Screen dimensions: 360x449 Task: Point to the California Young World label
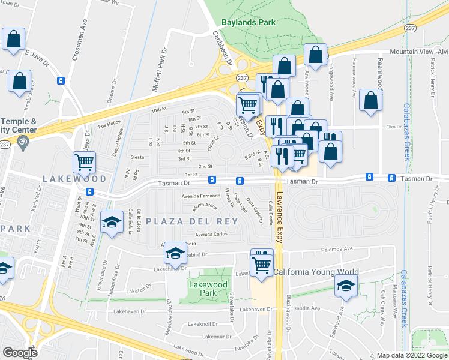click(x=316, y=272)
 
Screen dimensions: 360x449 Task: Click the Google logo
click(x=20, y=353)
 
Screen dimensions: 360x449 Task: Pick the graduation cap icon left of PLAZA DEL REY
click(x=111, y=223)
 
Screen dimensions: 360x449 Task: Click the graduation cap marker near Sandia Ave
click(x=345, y=287)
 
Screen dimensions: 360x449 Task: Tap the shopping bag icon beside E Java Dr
click(x=19, y=80)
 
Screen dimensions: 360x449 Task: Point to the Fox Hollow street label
click(x=110, y=126)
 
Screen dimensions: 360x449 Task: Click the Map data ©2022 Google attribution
click(x=411, y=355)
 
